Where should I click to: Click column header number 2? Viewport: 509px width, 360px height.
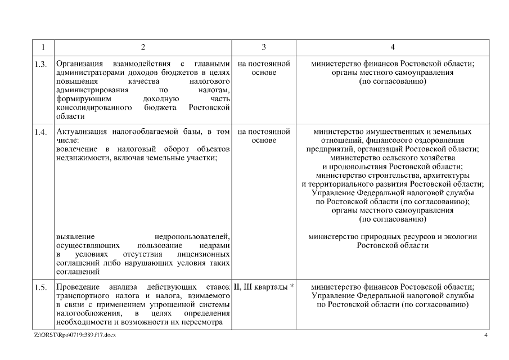click(x=143, y=47)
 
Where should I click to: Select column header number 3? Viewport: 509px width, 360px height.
click(x=264, y=47)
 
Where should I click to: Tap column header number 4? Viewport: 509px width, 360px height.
click(x=393, y=47)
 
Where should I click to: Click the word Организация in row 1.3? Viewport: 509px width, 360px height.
click(x=79, y=64)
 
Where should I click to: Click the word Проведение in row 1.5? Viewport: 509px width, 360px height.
click(x=77, y=287)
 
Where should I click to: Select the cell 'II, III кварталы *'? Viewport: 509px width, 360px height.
click(x=264, y=287)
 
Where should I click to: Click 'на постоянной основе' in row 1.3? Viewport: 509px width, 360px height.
click(x=264, y=68)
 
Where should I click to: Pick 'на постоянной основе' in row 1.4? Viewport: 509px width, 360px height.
click(x=264, y=136)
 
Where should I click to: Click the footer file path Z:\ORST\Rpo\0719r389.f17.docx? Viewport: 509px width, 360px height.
click(x=75, y=336)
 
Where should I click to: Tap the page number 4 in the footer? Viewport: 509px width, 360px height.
click(x=485, y=336)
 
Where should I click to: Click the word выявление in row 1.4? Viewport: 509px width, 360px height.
click(x=75, y=237)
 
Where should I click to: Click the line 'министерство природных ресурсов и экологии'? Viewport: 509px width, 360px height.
click(x=393, y=237)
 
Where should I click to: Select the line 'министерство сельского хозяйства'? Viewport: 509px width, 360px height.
click(x=393, y=158)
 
